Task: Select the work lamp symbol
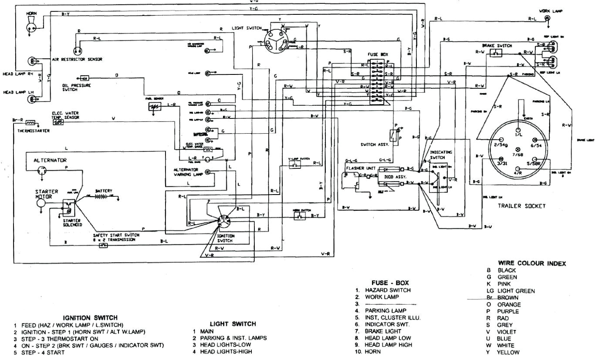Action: click(547, 18)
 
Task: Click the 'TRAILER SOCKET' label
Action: click(521, 206)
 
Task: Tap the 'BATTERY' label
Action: click(104, 191)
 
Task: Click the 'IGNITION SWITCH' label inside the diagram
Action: click(226, 238)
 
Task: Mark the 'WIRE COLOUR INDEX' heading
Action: click(532, 263)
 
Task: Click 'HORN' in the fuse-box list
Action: click(372, 352)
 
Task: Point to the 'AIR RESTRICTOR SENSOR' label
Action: click(77, 60)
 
